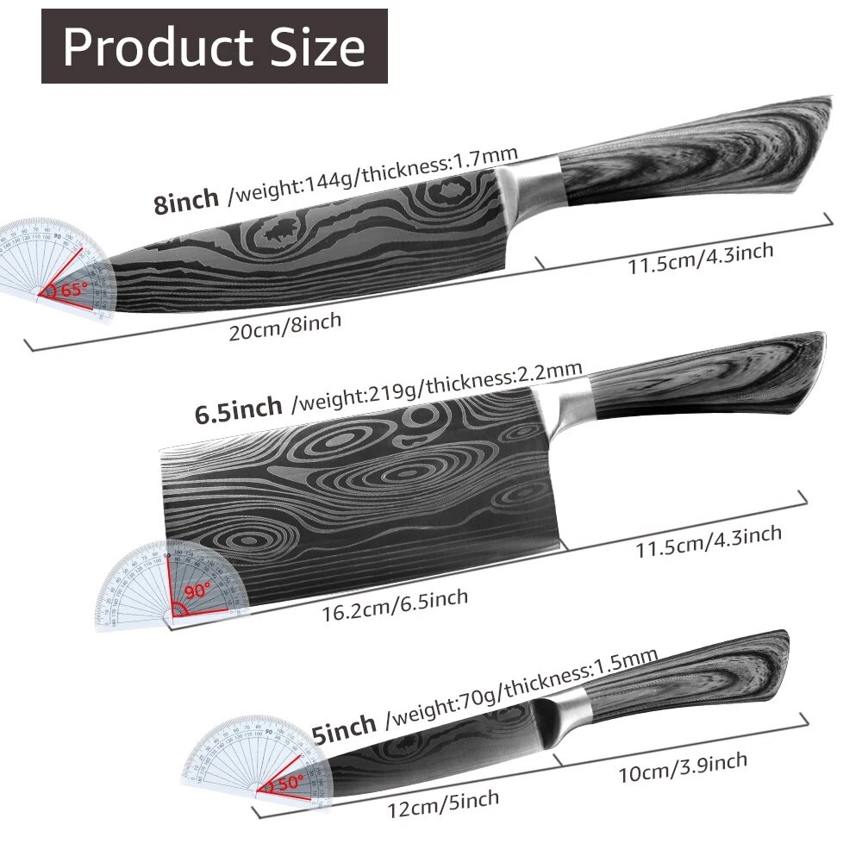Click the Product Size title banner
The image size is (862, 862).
click(x=214, y=47)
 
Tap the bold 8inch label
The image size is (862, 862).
click(x=186, y=203)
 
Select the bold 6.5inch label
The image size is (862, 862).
click(x=238, y=409)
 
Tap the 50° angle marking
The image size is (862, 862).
click(x=285, y=784)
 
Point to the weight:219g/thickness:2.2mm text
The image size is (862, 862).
click(x=438, y=384)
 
